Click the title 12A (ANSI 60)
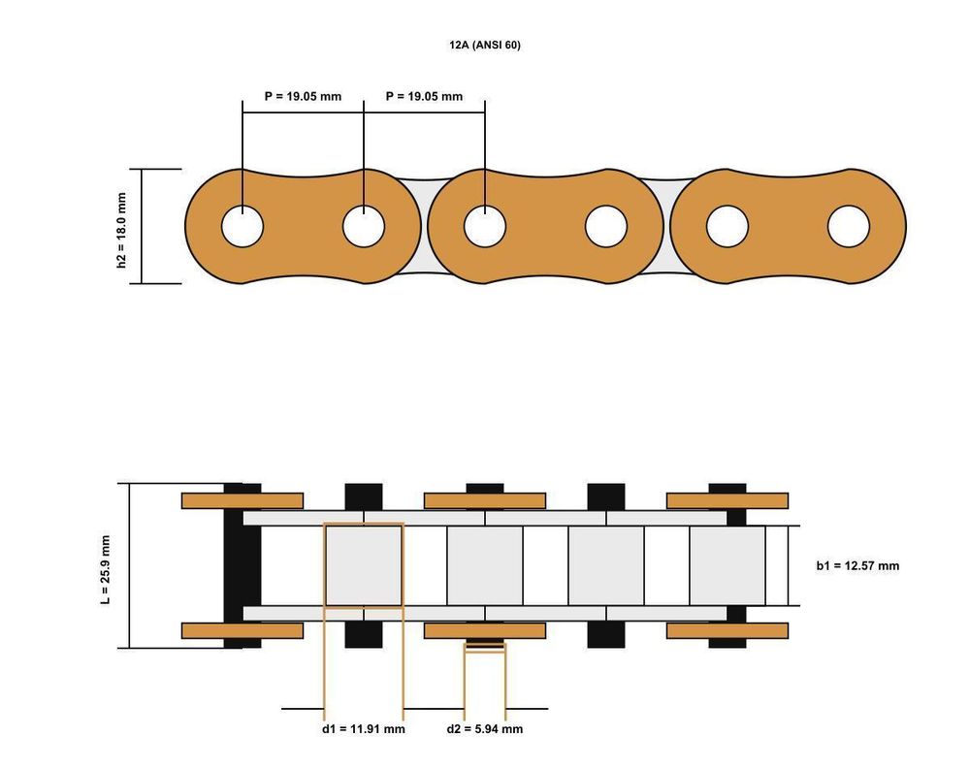coord(485,46)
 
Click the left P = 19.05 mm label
coord(303,96)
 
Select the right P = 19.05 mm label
coord(425,96)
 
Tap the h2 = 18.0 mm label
coord(121,230)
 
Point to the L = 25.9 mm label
coord(105,570)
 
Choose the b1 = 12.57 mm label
coord(858,565)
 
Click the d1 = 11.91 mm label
coord(364,729)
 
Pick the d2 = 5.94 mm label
coord(485,729)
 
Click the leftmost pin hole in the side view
coord(242,226)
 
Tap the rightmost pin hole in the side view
coord(849,226)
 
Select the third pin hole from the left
coord(485,226)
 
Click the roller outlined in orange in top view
coord(364,565)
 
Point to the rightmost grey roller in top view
coord(727,565)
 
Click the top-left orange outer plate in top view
coord(242,501)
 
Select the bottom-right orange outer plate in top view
coord(727,630)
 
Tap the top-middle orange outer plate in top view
coord(485,501)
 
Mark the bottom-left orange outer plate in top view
coord(242,630)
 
